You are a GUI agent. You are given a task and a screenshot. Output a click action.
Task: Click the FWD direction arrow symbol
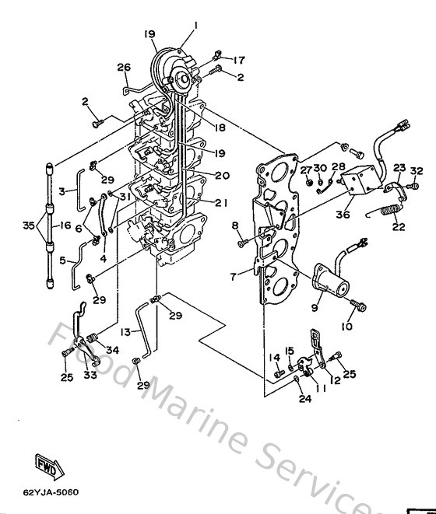[x=47, y=465]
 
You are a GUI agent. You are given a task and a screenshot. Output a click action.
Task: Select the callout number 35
[x=29, y=227]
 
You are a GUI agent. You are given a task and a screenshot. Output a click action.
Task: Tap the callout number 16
[x=65, y=226]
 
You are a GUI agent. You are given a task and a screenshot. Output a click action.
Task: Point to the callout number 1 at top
[x=195, y=26]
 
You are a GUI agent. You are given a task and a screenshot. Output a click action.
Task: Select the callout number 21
[x=222, y=203]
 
